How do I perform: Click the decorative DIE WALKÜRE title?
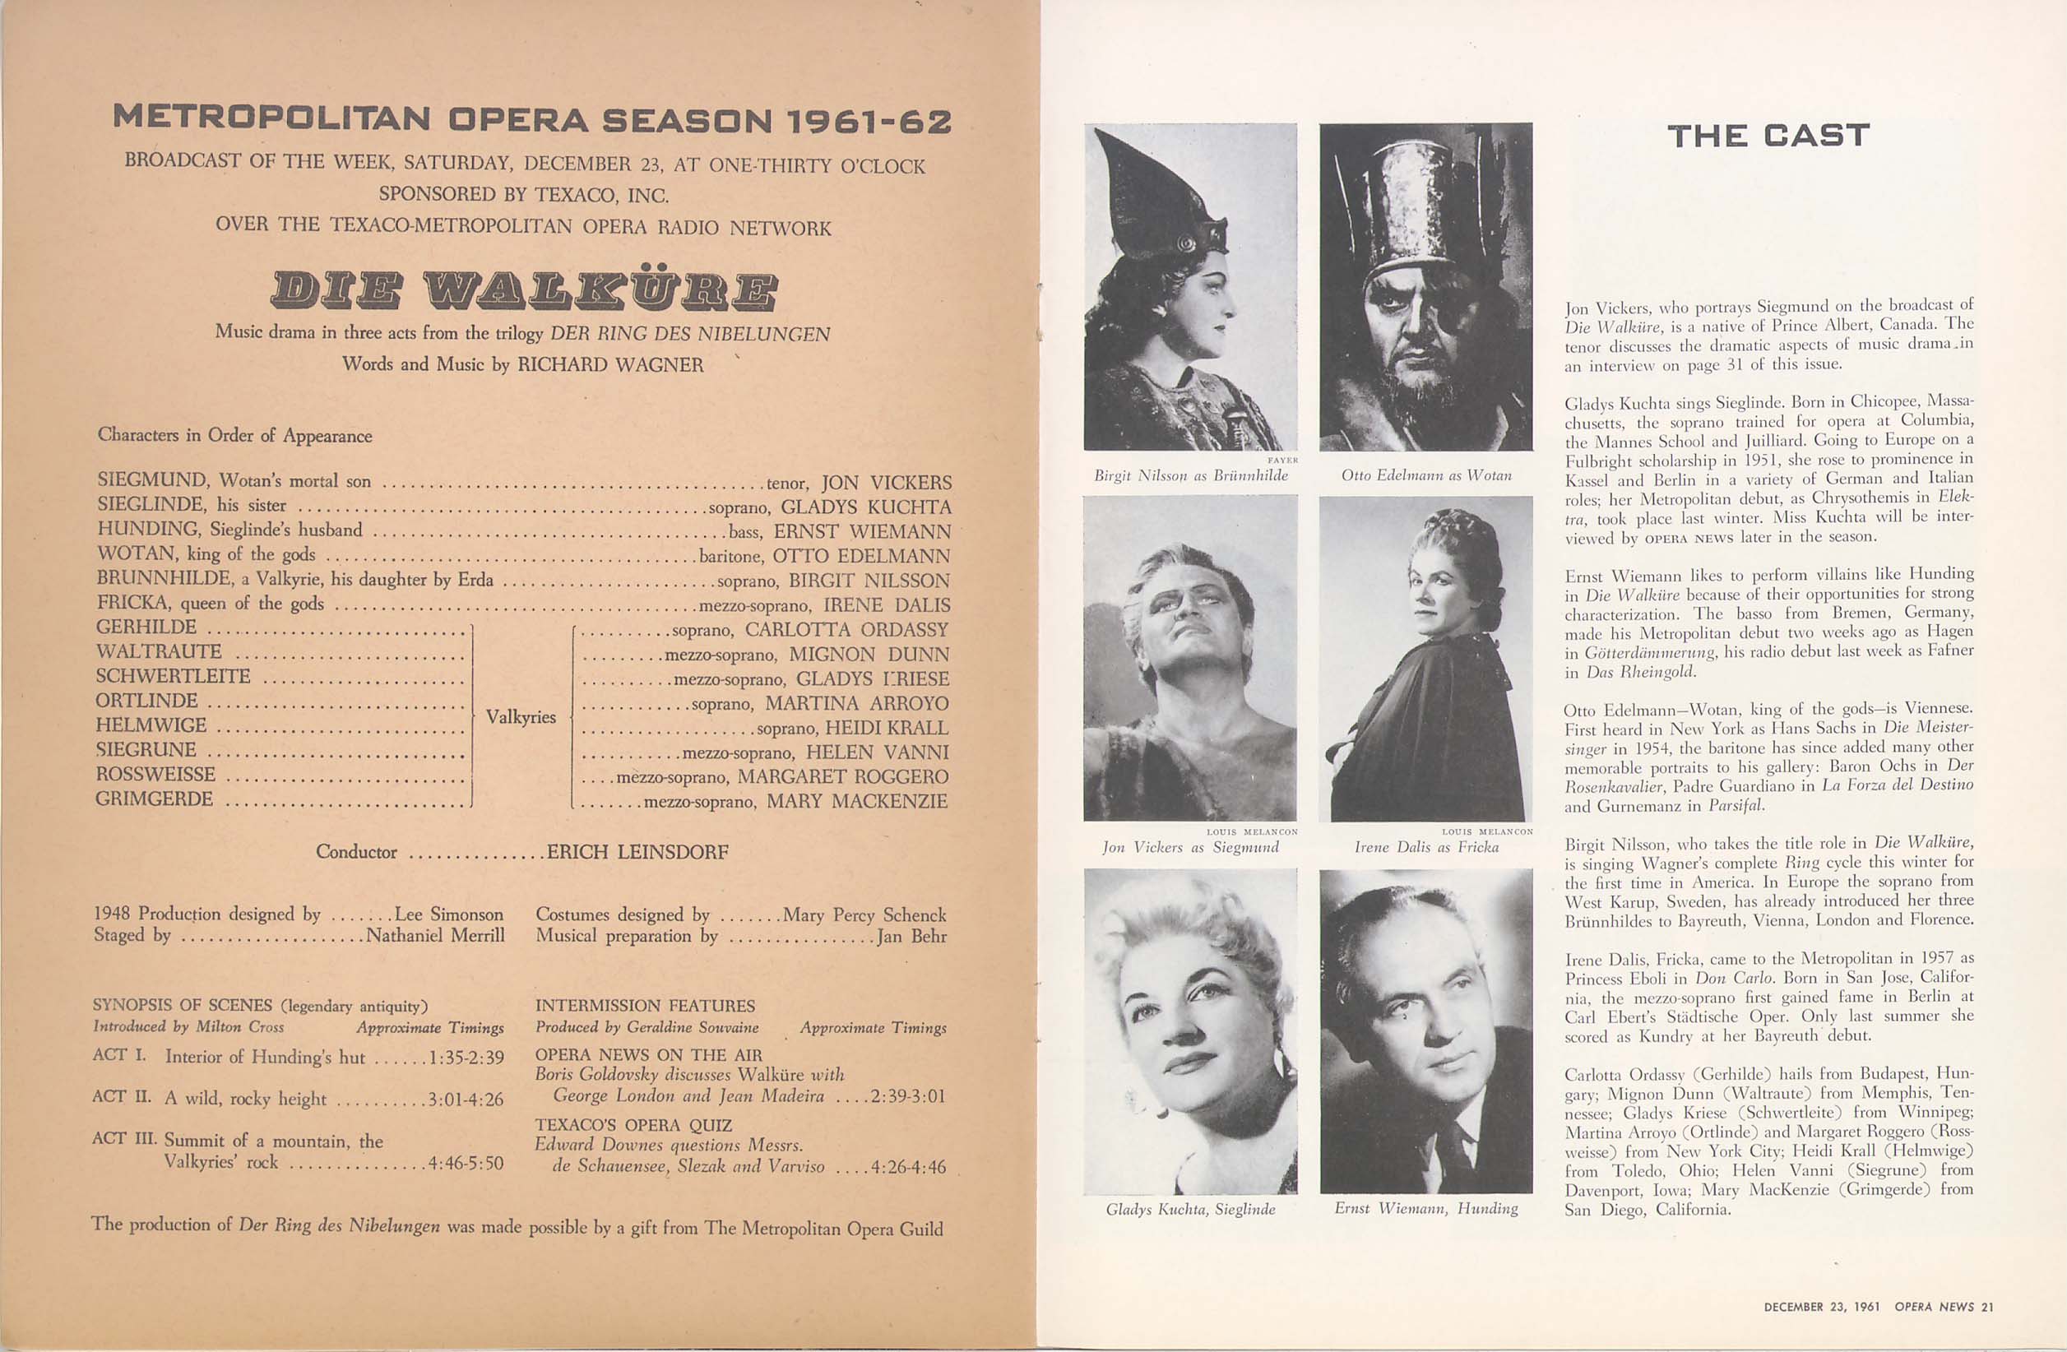(524, 291)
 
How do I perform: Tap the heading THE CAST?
(1768, 137)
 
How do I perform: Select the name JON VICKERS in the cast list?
(886, 483)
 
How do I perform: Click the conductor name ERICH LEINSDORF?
(637, 852)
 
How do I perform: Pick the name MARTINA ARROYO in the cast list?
(856, 703)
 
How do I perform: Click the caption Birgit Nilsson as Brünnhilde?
(1191, 476)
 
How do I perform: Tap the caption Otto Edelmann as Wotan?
(1426, 476)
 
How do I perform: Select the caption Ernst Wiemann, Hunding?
(1426, 1208)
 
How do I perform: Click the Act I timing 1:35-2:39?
(466, 1057)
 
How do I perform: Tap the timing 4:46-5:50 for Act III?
(466, 1163)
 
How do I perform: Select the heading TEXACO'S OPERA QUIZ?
(633, 1125)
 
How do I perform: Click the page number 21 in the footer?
(1988, 1307)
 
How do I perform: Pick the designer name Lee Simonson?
(448, 914)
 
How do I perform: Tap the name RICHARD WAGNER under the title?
(609, 364)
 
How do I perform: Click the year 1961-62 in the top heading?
(867, 122)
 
